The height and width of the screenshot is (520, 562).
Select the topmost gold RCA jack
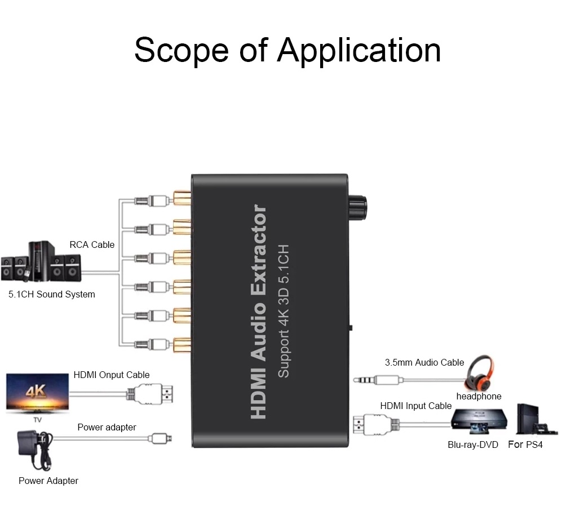pyautogui.click(x=182, y=198)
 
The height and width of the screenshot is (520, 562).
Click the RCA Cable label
pyautogui.click(x=92, y=245)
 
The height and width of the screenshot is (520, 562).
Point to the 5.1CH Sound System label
pyautogui.click(x=52, y=294)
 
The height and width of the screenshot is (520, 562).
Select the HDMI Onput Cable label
pyautogui.click(x=112, y=375)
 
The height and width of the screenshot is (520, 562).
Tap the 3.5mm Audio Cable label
pyautogui.click(x=424, y=362)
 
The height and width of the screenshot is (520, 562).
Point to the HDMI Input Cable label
pyautogui.click(x=416, y=406)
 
